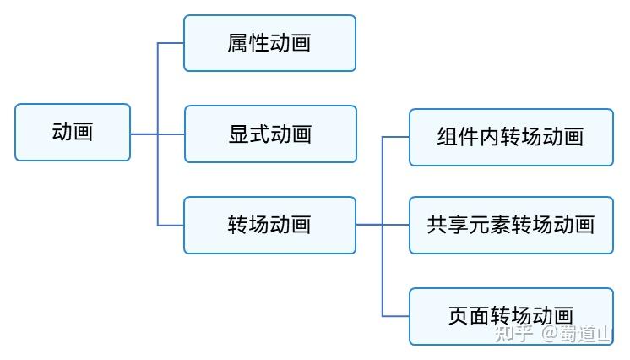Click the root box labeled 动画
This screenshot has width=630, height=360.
pos(73,132)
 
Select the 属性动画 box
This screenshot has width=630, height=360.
pos(269,43)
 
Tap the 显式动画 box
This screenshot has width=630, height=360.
pos(269,134)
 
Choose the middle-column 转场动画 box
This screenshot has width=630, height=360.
pos(269,224)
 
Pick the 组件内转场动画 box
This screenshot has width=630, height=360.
pos(511,137)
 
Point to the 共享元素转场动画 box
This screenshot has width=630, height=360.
pos(511,225)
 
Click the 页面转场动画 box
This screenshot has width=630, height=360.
pos(511,316)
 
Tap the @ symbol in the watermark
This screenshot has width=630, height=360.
pos(550,334)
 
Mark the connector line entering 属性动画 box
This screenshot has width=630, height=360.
pos(171,43)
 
